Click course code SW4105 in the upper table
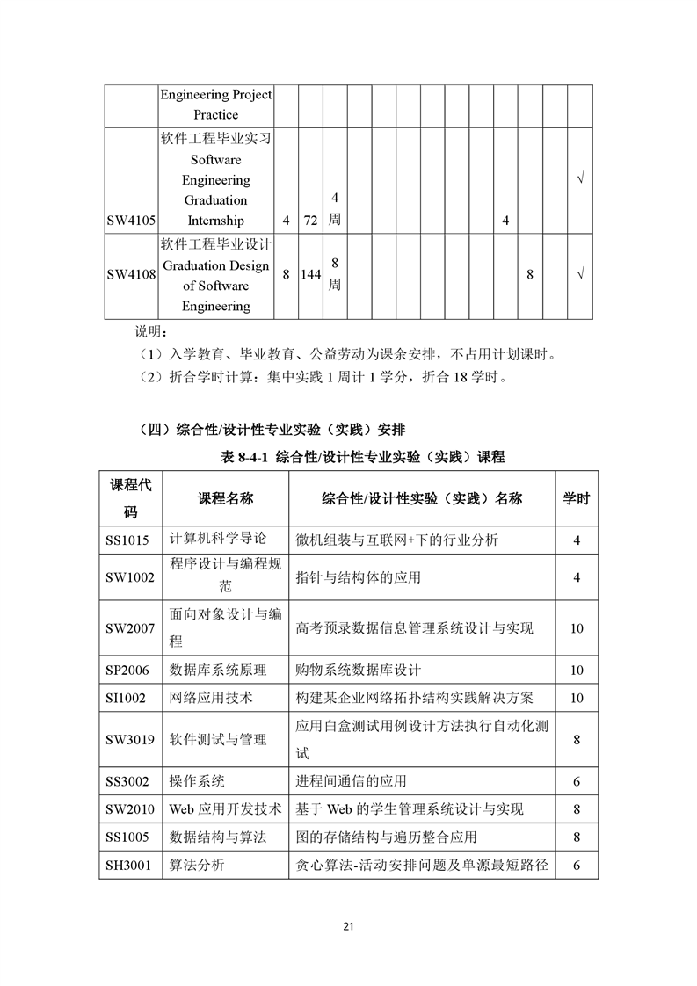(x=130, y=221)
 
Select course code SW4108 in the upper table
(x=130, y=275)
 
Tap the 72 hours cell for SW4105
(x=310, y=221)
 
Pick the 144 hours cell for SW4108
(x=310, y=275)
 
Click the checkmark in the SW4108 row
(x=579, y=275)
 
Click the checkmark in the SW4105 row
(x=579, y=180)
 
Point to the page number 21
(x=348, y=926)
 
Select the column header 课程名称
(x=226, y=498)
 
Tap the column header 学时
(x=577, y=498)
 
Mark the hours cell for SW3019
(x=577, y=740)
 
